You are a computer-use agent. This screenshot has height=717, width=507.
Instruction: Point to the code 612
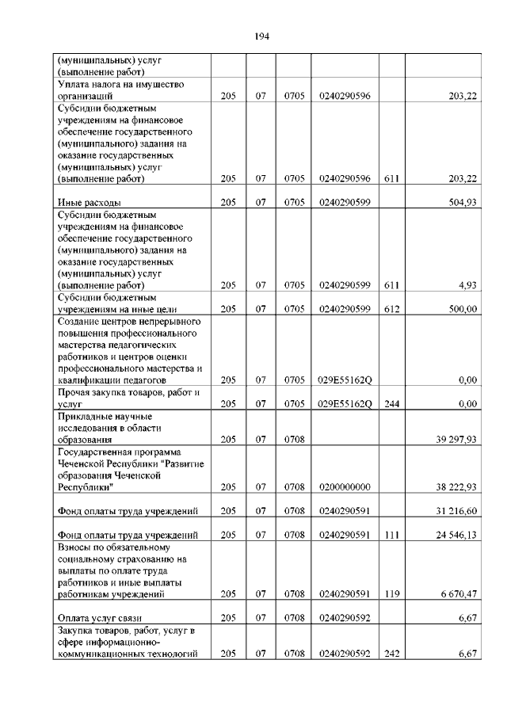click(391, 309)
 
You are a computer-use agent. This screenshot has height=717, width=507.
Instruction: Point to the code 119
click(391, 593)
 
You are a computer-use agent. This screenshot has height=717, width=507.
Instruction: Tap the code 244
click(391, 403)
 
